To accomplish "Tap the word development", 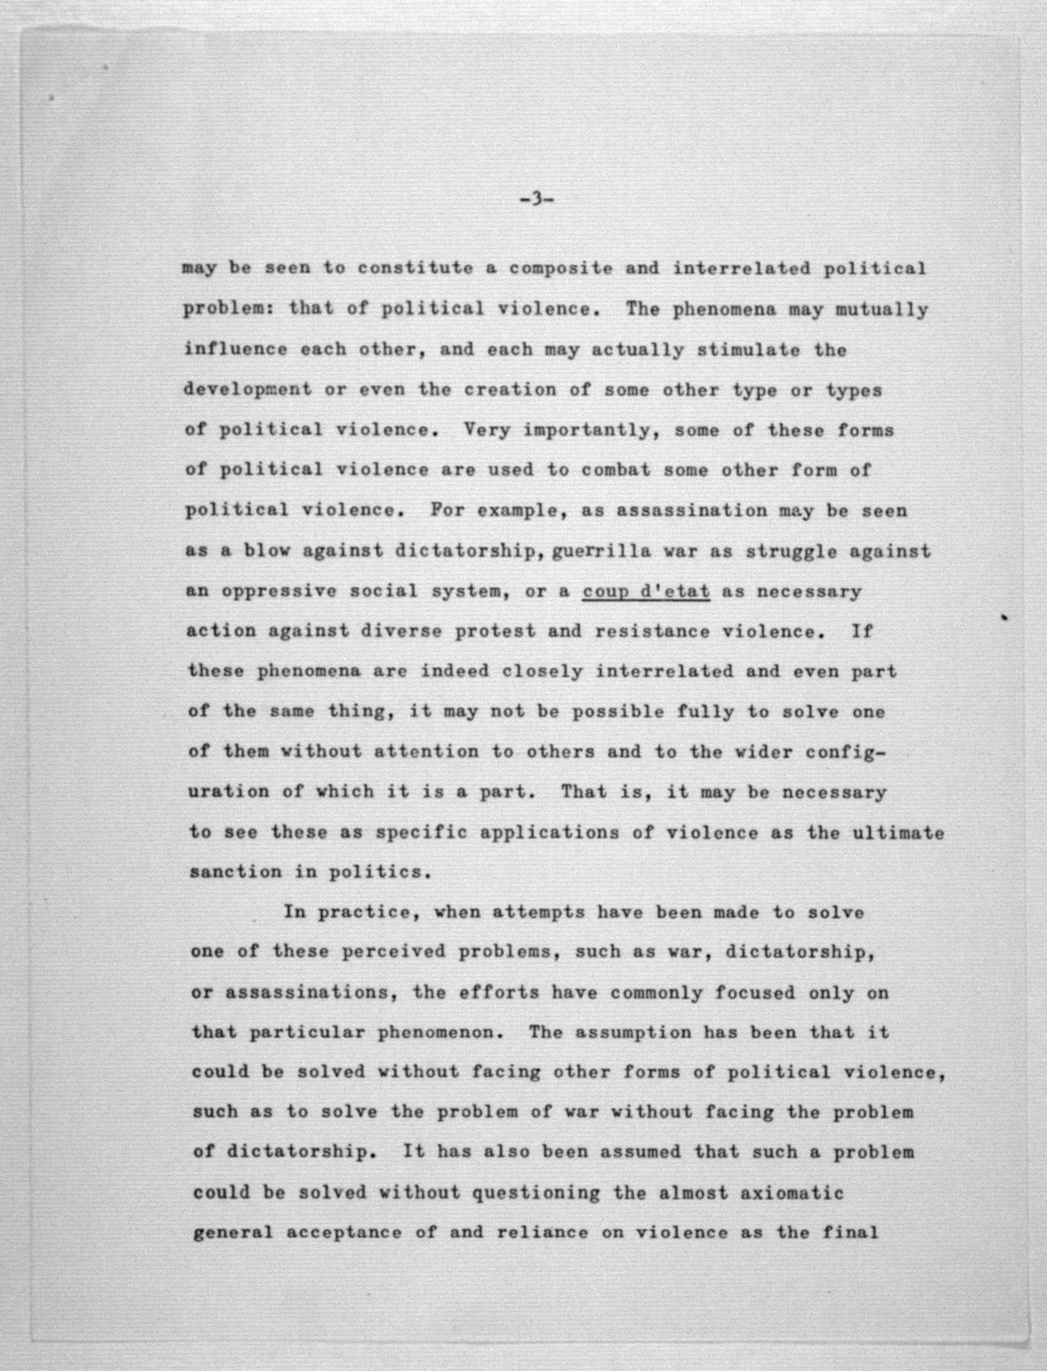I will [248, 390].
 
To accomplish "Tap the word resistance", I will [651, 631].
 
